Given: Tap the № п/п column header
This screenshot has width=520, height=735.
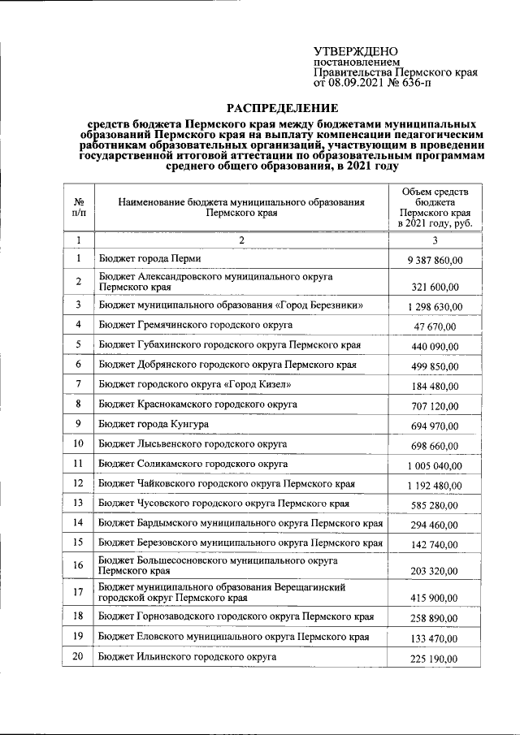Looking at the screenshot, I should coord(79,208).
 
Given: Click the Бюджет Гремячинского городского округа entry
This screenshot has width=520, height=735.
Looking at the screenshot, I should coord(184,325).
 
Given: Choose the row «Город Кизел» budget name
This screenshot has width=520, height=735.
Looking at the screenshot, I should coord(193,384).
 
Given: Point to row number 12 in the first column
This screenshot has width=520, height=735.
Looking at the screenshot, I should coord(79,484).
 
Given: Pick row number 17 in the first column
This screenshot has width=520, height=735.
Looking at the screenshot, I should coord(79,592).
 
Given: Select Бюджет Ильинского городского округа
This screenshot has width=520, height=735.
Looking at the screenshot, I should coord(188,656).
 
